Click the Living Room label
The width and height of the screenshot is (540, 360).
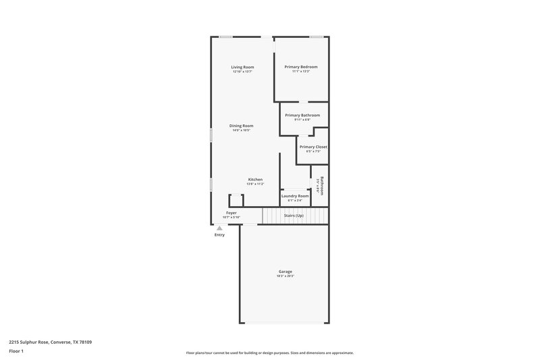pyautogui.click(x=242, y=67)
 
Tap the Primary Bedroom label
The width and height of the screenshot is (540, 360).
pyautogui.click(x=301, y=67)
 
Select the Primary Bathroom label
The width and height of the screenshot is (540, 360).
pyautogui.click(x=302, y=115)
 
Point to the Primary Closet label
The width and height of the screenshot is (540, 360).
pyautogui.click(x=313, y=147)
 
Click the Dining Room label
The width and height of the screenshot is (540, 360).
pyautogui.click(x=241, y=126)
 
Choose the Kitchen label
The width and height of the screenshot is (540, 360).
pyautogui.click(x=254, y=179)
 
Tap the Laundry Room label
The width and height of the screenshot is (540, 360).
pyautogui.click(x=296, y=196)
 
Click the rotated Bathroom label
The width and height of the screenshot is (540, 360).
pyautogui.click(x=322, y=186)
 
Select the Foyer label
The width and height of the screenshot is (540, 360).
pyautogui.click(x=232, y=213)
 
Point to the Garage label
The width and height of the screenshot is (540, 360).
pyautogui.click(x=285, y=272)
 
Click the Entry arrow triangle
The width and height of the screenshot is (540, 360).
pyautogui.click(x=219, y=228)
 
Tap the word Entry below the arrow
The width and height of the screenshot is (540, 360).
pyautogui.click(x=219, y=235)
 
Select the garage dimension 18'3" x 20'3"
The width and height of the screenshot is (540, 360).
pyautogui.click(x=285, y=276)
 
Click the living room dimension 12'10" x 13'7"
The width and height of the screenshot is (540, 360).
pyautogui.click(x=242, y=72)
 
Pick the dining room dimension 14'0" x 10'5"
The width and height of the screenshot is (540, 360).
pyautogui.click(x=241, y=130)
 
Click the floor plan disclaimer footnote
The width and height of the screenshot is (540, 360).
pyautogui.click(x=269, y=353)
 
